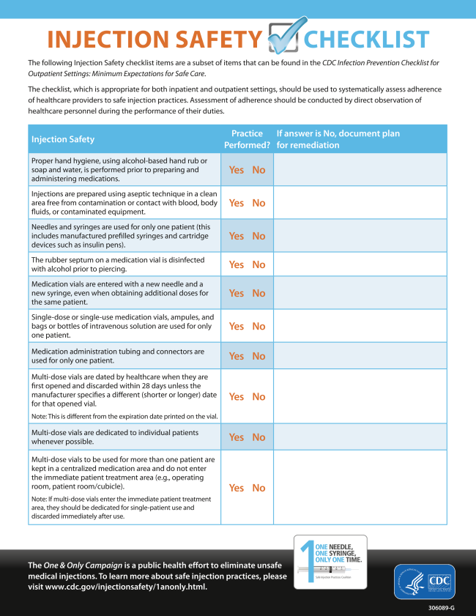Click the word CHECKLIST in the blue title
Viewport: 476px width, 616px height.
[366, 40]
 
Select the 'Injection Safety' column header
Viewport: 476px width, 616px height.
[63, 139]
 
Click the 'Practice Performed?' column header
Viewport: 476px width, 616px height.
[247, 139]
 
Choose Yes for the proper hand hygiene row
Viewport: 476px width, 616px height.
[237, 170]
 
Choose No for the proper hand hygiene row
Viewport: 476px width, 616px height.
[259, 170]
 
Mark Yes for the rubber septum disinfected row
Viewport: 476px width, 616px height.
[237, 264]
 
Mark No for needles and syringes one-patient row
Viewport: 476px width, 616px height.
[259, 236]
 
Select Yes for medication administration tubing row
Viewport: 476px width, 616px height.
[237, 356]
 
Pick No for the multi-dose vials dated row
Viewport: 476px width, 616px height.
[259, 396]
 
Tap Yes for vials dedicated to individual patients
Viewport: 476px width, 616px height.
[237, 437]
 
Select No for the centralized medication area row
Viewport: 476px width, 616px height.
[259, 488]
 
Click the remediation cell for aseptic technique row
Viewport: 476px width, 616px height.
[360, 203]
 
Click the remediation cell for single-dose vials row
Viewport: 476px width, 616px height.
[360, 326]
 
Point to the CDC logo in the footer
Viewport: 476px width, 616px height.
[424, 582]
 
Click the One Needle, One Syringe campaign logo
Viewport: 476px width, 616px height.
[330, 561]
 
